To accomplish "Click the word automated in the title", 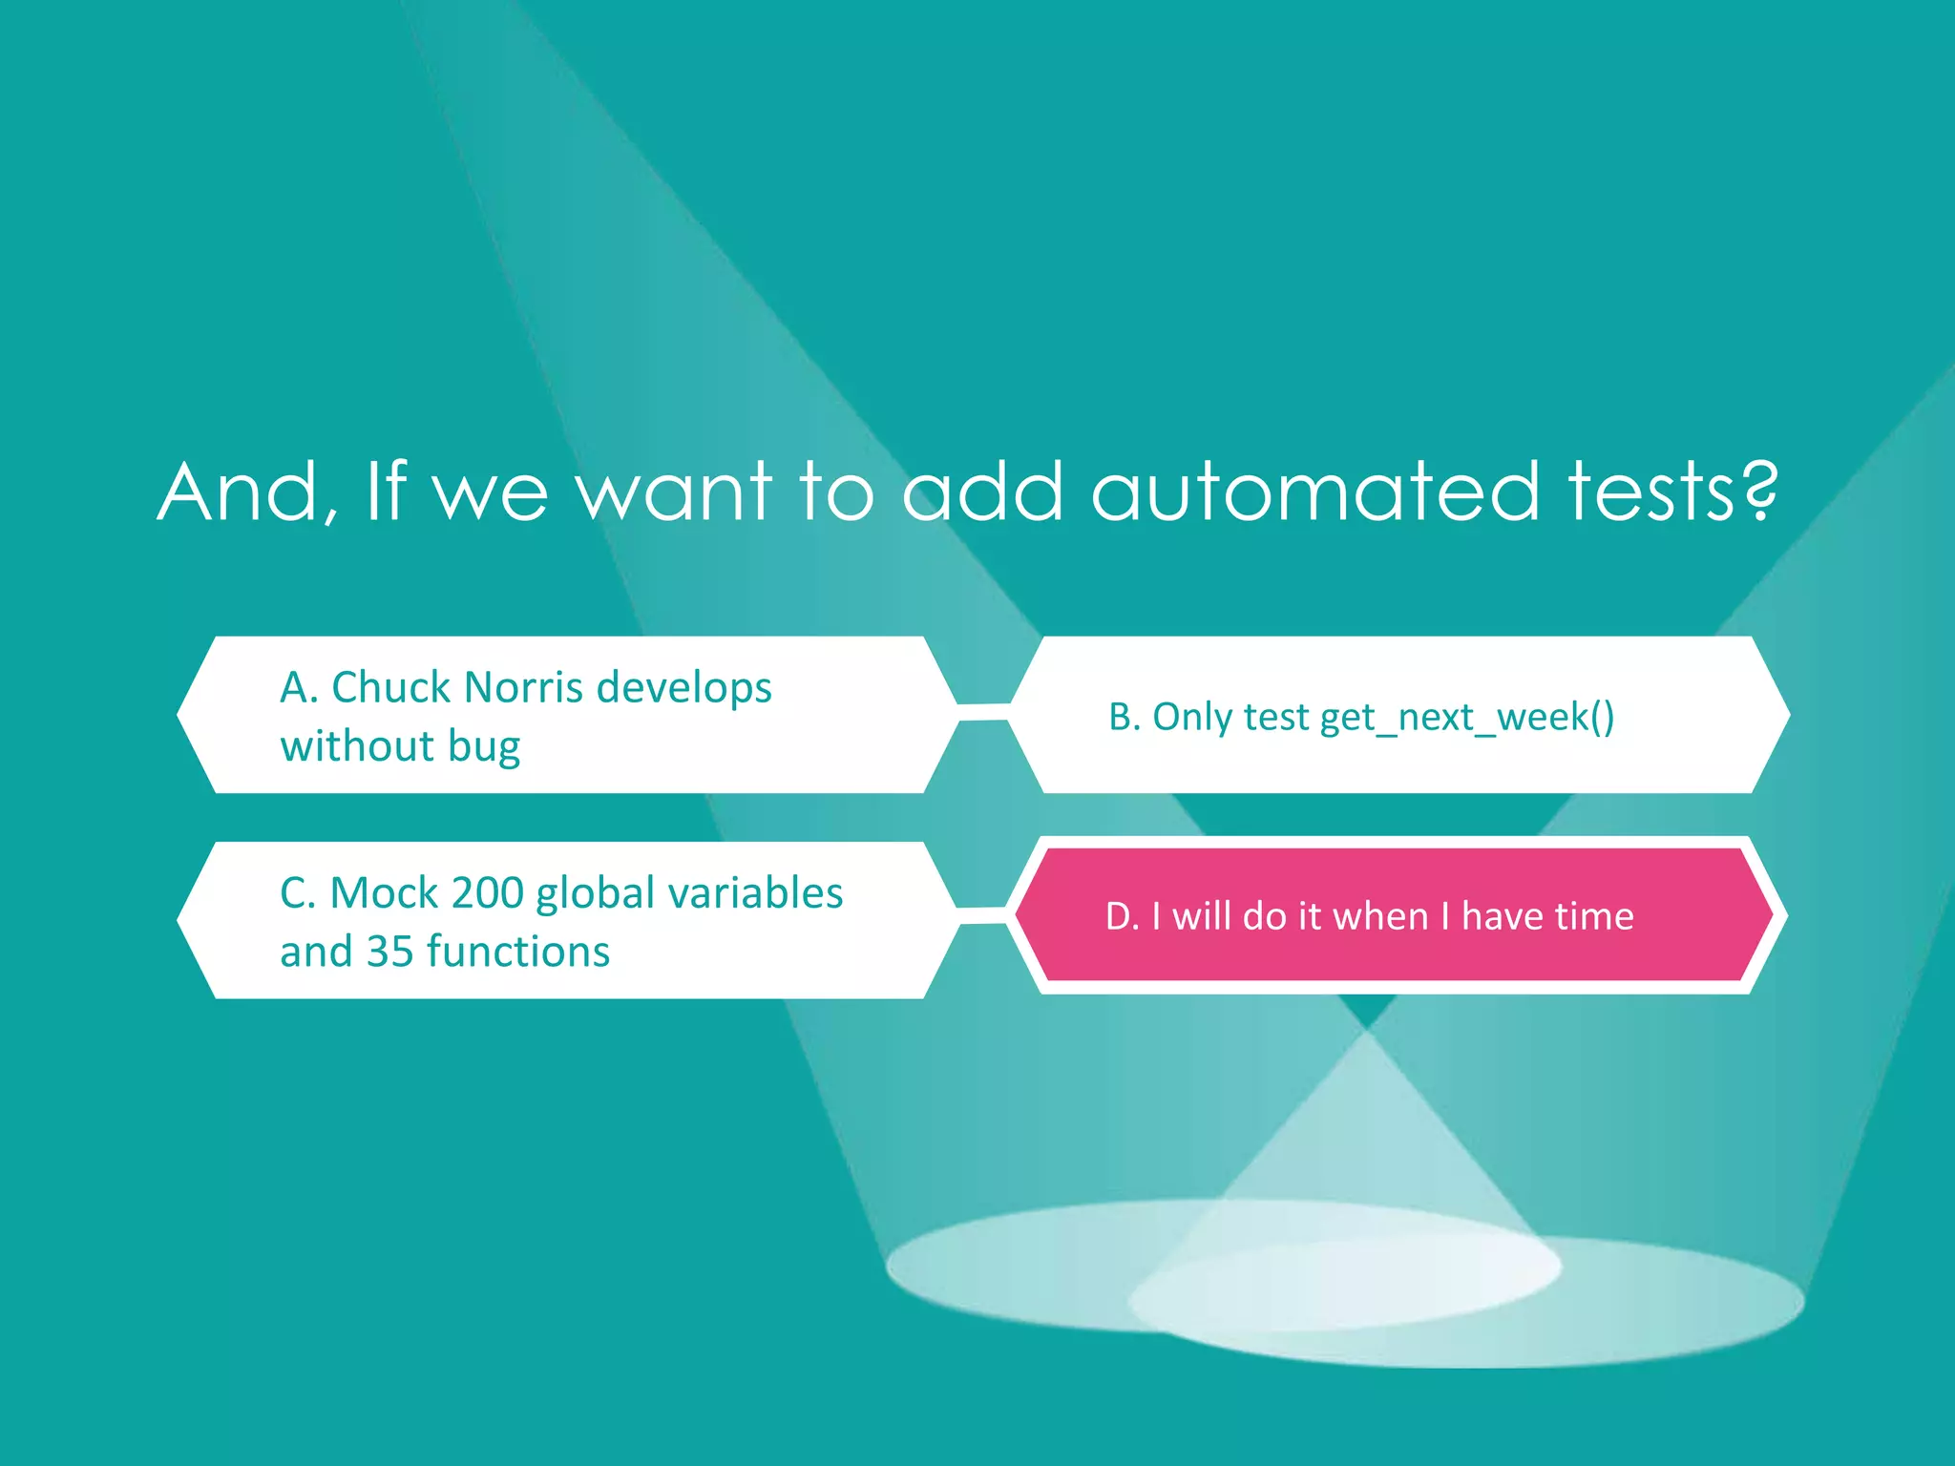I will click(x=1314, y=492).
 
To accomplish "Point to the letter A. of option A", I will click(x=299, y=688).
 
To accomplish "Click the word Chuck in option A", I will click(x=390, y=688).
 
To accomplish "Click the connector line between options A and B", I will click(x=983, y=712).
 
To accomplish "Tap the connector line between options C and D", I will click(x=983, y=915).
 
